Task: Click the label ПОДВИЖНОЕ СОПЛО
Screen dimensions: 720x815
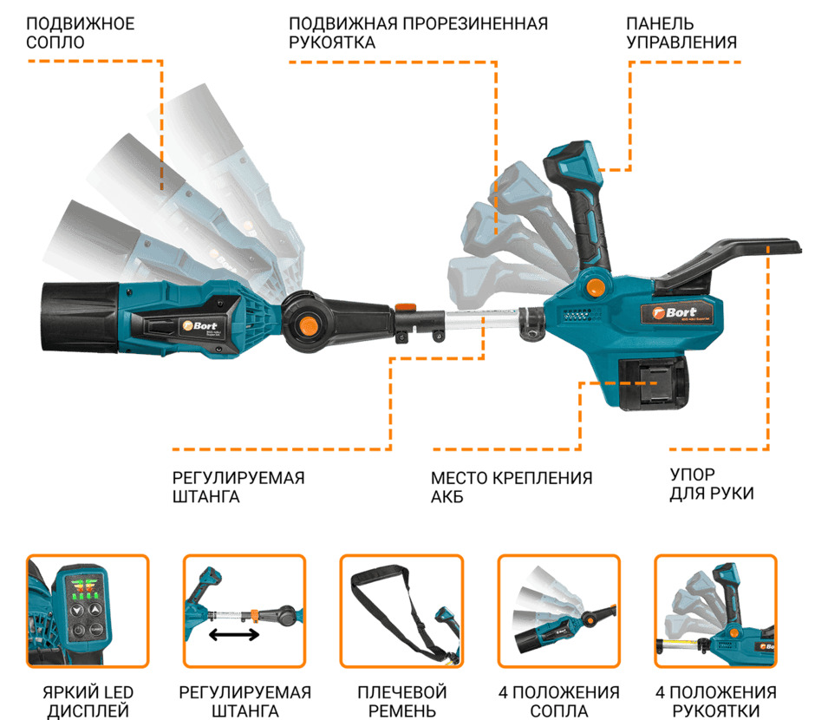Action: pos(81,32)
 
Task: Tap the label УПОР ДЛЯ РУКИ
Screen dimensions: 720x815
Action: pos(711,484)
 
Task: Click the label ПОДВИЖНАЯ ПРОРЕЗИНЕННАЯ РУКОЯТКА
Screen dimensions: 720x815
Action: pos(418,32)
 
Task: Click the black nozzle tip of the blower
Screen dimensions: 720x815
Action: pos(78,317)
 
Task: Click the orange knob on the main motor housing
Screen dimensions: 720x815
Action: pos(595,285)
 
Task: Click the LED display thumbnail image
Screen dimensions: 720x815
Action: pos(88,611)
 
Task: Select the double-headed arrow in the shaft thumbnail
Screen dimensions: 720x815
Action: pos(235,635)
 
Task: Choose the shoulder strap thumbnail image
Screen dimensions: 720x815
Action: pos(401,611)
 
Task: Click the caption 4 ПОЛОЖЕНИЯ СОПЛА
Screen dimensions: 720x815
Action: pos(559,702)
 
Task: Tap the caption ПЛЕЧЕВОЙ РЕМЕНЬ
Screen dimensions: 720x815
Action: pos(401,702)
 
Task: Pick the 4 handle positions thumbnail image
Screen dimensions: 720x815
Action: pos(715,611)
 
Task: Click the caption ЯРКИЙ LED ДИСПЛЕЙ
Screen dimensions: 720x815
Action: pos(88,702)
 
